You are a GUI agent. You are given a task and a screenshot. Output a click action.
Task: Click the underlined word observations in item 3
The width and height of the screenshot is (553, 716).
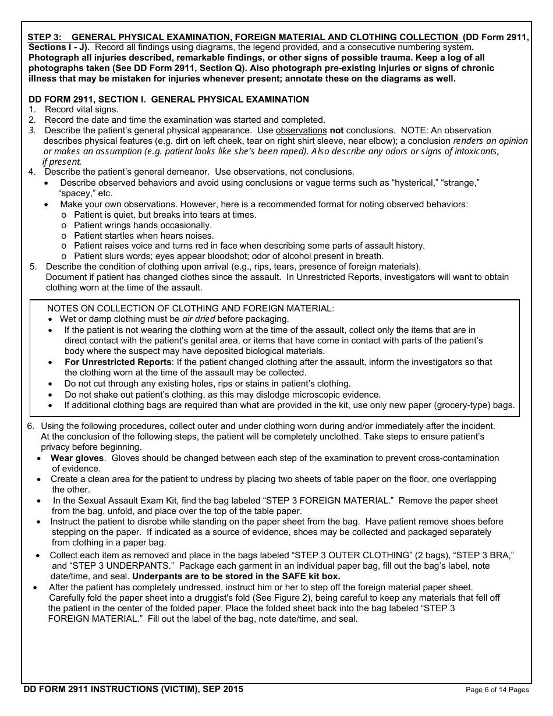coord(301,130)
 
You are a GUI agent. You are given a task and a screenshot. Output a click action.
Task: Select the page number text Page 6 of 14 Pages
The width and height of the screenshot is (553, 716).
coord(498,690)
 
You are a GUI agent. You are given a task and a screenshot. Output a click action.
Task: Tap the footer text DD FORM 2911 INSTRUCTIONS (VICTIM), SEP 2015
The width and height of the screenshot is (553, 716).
coord(133,689)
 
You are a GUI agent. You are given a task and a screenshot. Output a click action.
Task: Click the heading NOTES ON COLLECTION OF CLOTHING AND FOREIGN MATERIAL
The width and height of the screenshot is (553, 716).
coord(190,309)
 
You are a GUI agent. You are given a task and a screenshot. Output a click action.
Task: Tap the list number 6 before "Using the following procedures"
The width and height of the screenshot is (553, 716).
coord(30,426)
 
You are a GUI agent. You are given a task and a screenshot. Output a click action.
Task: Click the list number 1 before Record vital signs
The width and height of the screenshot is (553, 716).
coord(32,109)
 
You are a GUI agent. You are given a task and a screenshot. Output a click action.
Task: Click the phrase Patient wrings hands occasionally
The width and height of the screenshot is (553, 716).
coord(143,225)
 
